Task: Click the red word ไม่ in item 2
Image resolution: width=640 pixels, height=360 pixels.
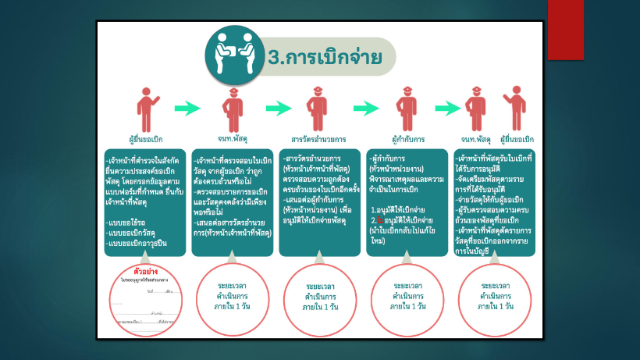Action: (382, 220)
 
